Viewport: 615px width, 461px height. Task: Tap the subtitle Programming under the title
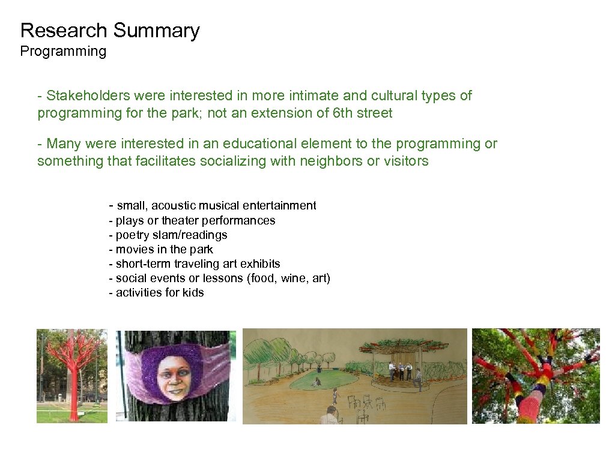pos(63,52)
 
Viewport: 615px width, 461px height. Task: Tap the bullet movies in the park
pos(161,249)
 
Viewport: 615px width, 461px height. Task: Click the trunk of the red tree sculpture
pos(73,396)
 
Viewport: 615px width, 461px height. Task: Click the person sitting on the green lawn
pos(316,381)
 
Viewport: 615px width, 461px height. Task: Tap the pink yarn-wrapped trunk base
pos(529,408)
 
